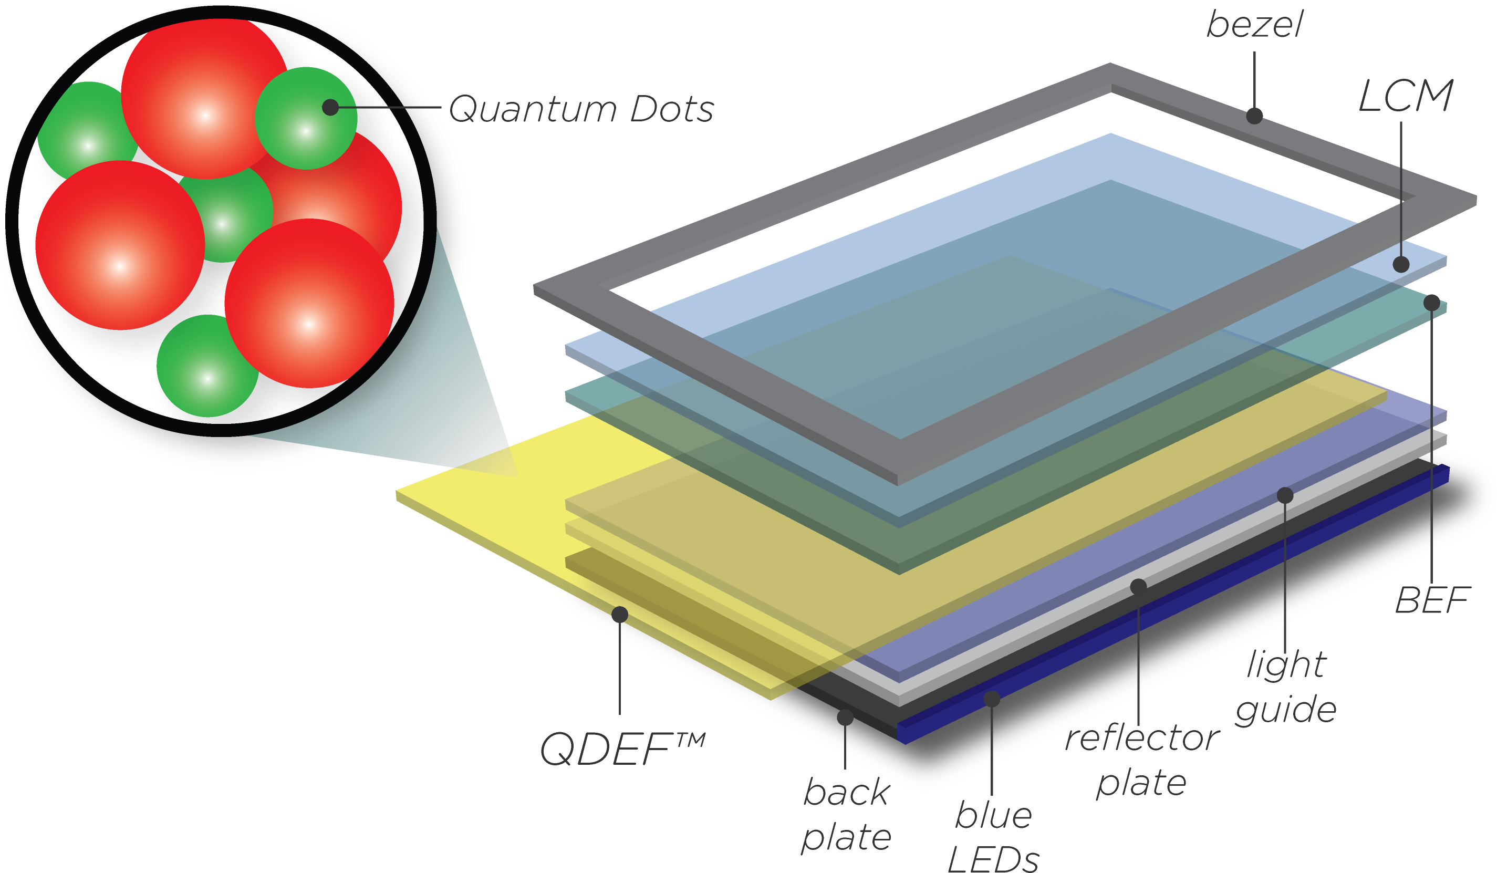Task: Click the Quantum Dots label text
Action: tap(581, 109)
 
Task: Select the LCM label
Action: tap(1406, 96)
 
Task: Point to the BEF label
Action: tap(1432, 600)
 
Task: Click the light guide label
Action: tap(1286, 687)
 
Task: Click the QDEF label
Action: tap(606, 749)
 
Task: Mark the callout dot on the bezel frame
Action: tap(1254, 116)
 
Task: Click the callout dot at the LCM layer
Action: tap(1401, 264)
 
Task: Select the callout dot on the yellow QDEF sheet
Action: tap(620, 615)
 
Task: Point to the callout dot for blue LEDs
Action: tap(992, 699)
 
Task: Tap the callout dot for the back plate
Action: tap(845, 718)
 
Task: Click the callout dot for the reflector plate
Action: tap(1138, 587)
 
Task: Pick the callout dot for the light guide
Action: tap(1285, 495)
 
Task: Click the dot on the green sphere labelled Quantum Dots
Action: tap(330, 108)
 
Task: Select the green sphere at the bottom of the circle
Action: tap(202, 368)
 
